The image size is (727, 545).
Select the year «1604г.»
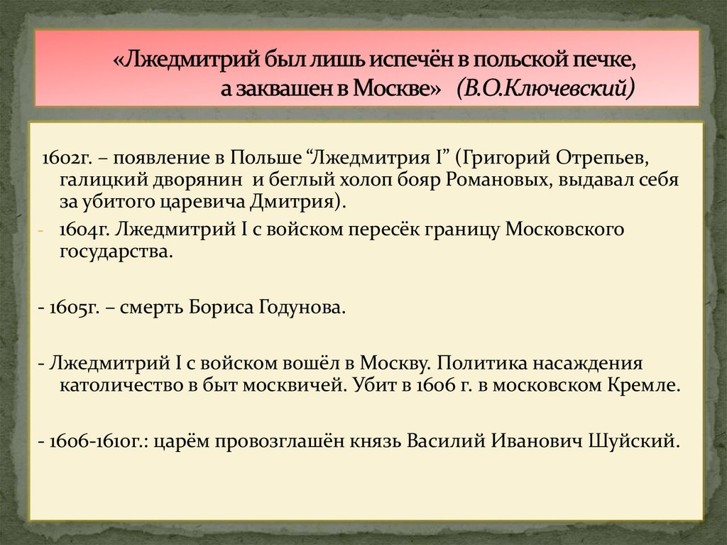[x=84, y=230]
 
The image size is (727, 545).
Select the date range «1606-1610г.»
[x=91, y=441]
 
